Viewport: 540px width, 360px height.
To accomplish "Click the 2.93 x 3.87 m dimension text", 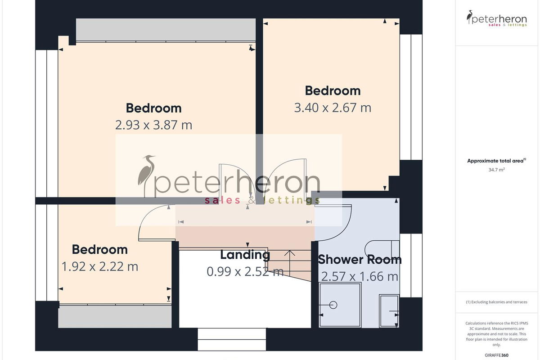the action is pyautogui.click(x=153, y=125).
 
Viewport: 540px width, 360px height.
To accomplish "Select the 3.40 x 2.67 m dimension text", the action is pyautogui.click(x=333, y=108).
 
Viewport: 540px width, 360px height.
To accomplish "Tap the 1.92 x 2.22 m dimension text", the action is pyautogui.click(x=100, y=267).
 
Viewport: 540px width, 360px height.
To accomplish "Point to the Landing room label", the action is pyautogui.click(x=245, y=255).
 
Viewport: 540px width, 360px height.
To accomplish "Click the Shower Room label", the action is pyautogui.click(x=360, y=260).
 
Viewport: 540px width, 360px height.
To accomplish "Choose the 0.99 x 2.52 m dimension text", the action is pyautogui.click(x=245, y=272).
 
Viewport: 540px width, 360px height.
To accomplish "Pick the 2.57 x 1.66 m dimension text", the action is pyautogui.click(x=360, y=277).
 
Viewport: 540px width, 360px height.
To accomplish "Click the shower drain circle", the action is pyautogui.click(x=333, y=305).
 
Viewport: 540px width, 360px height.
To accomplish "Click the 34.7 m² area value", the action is pyautogui.click(x=497, y=170).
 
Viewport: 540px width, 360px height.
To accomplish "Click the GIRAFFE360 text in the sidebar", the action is pyautogui.click(x=497, y=355).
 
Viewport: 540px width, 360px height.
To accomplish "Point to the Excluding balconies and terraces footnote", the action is pyautogui.click(x=497, y=302).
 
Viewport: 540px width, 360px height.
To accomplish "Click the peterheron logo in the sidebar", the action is pyautogui.click(x=497, y=18).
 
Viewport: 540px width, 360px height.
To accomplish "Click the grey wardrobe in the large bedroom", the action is pyautogui.click(x=166, y=30).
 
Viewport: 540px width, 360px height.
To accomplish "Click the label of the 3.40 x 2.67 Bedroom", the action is pyautogui.click(x=333, y=91).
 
